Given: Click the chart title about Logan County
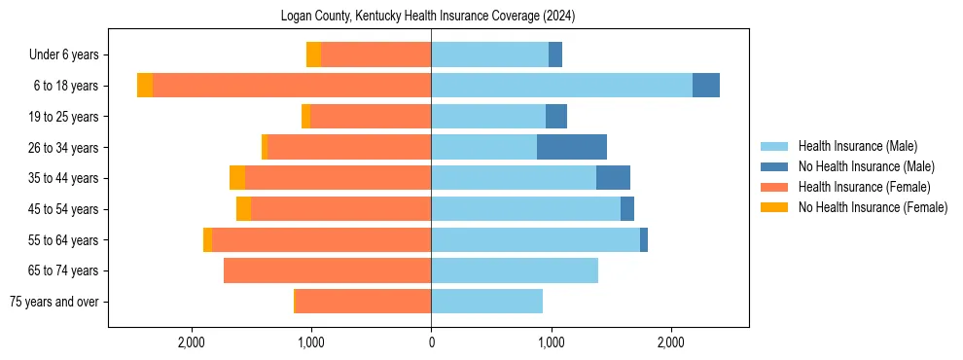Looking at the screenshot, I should pos(429,17).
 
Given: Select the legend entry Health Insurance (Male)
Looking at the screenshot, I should pos(857,146).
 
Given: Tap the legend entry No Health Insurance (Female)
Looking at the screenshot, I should pos(873,207).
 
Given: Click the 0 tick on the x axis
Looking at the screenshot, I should pos(431,342).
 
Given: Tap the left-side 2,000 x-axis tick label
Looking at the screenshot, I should pos(192,342).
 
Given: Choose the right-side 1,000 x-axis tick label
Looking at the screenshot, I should pos(551,342).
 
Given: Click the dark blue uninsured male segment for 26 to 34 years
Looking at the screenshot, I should pos(572,147).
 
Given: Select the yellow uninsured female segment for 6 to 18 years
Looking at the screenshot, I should pos(145,86).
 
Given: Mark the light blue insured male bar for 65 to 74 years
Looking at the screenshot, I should pos(515,270).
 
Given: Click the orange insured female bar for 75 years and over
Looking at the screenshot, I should pos(363,302).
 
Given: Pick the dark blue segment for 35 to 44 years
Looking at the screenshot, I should pos(613,178).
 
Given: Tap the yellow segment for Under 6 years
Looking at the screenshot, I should pos(313,55).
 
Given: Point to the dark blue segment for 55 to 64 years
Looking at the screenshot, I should pos(644,239).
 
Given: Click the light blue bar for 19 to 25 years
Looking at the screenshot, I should pos(488,117).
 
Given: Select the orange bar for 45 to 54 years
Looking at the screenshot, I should pos(340,209).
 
